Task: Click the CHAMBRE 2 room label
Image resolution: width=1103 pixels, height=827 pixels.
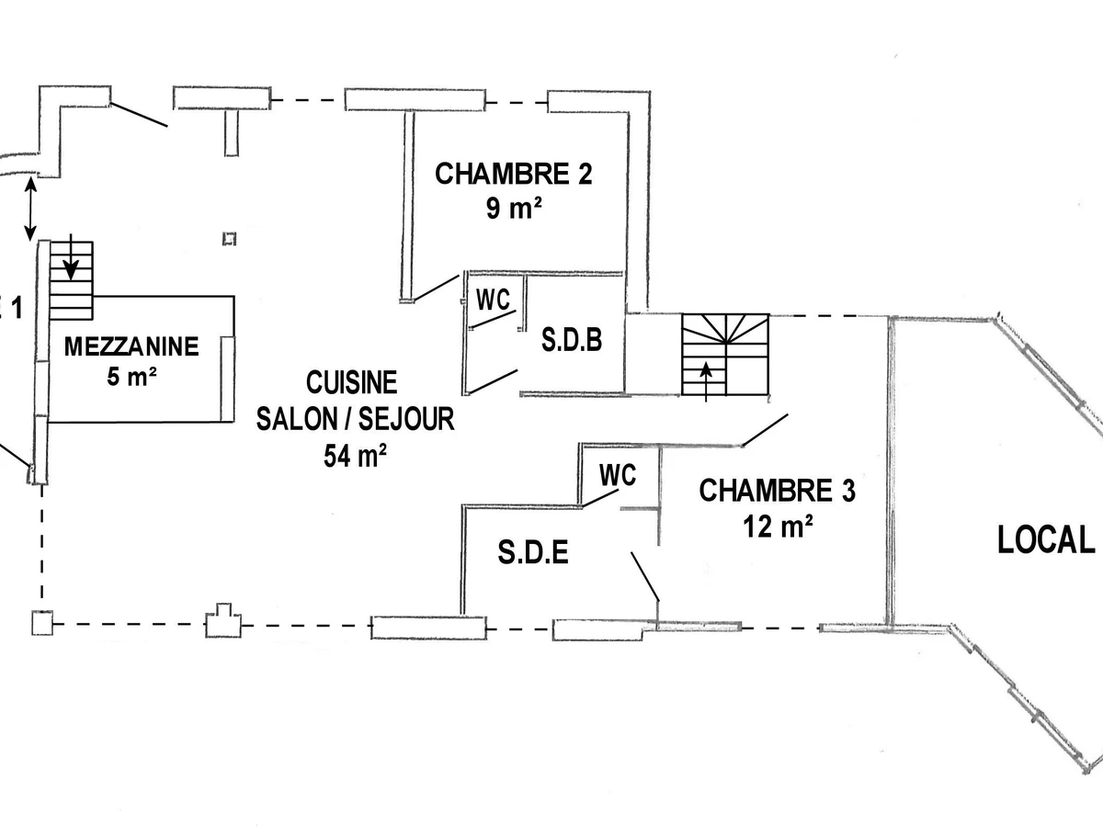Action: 514,175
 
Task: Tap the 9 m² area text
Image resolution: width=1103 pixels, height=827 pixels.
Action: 514,209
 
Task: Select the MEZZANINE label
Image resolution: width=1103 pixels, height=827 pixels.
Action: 131,346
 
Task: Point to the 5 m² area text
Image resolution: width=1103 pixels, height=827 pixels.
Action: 131,377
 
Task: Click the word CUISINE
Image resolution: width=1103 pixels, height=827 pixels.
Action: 352,381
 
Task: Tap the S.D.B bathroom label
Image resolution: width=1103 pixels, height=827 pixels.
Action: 572,341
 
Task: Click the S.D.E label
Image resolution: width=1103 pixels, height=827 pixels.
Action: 533,553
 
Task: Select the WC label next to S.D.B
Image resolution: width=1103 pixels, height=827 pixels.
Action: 493,300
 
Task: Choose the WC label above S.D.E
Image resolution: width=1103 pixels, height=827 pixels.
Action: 618,475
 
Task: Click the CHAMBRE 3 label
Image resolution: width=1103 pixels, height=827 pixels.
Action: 778,492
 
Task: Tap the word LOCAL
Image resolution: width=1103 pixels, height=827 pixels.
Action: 1046,541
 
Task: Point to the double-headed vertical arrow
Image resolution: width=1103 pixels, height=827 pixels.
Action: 30,210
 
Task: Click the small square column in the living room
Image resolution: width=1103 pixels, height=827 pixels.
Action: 230,239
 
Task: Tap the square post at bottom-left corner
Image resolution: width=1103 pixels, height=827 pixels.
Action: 41,623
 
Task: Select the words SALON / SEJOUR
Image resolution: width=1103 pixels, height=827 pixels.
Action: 355,419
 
